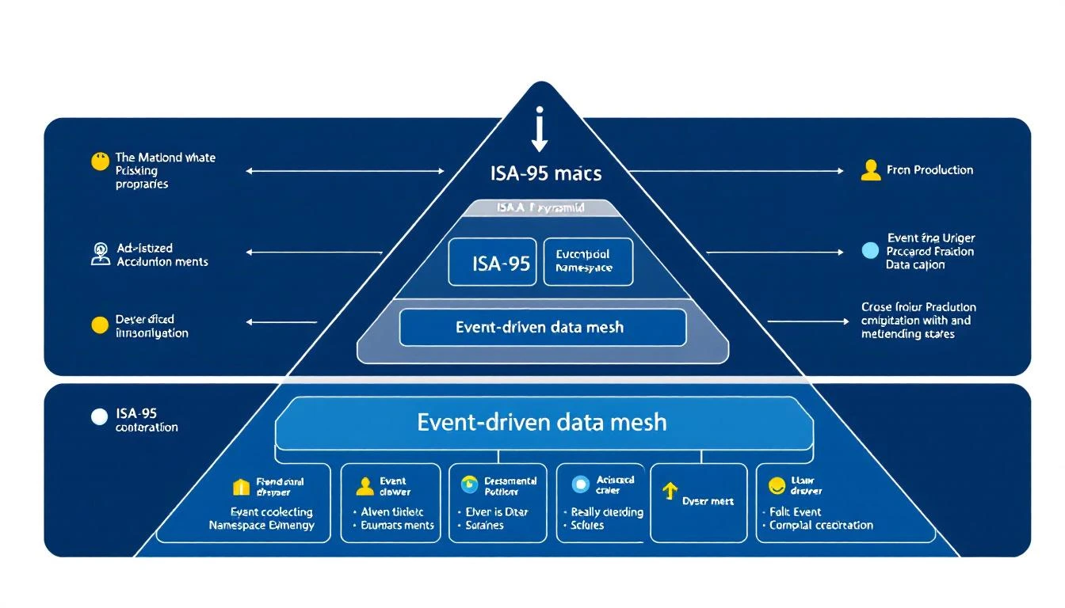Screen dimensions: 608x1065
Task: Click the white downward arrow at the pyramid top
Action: coord(540,130)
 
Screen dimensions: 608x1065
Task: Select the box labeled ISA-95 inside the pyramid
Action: coord(492,262)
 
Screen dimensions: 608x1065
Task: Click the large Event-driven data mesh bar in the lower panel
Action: coord(544,423)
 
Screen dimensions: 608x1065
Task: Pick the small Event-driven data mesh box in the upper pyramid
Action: coord(543,328)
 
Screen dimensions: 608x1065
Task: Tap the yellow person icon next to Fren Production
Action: coord(870,170)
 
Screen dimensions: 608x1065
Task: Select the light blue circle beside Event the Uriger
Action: coord(870,251)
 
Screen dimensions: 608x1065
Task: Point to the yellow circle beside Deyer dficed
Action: coord(99,325)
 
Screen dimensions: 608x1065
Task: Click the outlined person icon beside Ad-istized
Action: coord(100,254)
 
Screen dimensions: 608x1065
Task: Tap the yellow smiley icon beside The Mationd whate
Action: coord(100,162)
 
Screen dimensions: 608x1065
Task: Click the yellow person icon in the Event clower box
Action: coord(364,486)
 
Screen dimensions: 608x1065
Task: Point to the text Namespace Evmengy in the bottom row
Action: coord(261,525)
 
